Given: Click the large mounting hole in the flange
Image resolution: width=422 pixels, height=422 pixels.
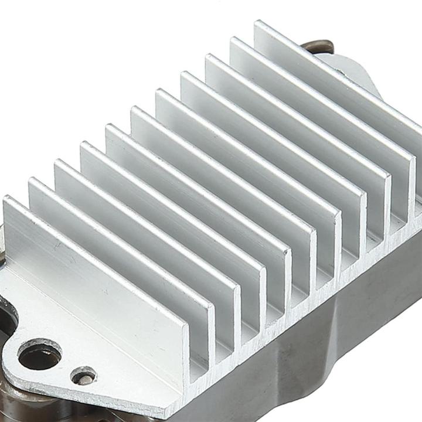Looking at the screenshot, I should [39, 356].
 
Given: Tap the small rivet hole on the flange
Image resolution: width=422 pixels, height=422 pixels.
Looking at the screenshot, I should [83, 376].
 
